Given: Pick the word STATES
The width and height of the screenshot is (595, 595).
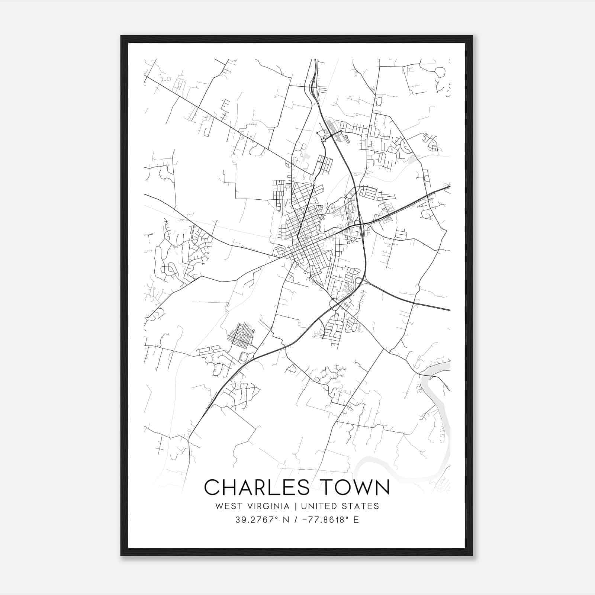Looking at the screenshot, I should pos(363,506).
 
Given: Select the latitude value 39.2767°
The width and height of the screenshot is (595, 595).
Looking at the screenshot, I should pos(256,520).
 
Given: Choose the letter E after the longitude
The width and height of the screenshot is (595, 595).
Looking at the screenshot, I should pos(356,520).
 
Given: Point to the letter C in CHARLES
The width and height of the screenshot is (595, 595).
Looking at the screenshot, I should pos(212,488).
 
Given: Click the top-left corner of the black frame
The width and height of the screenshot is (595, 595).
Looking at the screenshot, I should pos(122,36).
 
